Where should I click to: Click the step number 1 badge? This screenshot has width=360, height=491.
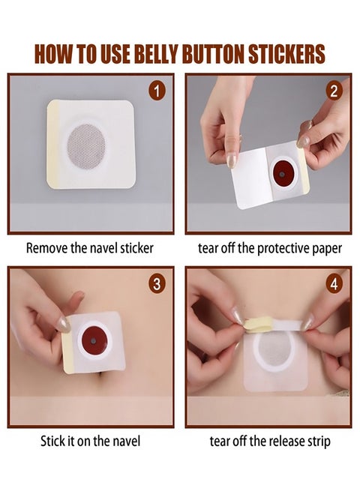click(156, 91)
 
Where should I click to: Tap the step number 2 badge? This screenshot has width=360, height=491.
click(334, 91)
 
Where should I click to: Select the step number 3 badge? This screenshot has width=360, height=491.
click(157, 284)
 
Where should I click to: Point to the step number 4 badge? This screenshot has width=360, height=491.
click(334, 284)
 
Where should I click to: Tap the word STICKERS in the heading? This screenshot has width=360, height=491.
click(286, 54)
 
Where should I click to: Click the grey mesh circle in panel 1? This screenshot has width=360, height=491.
click(86, 146)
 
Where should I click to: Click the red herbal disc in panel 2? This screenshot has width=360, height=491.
click(283, 174)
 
